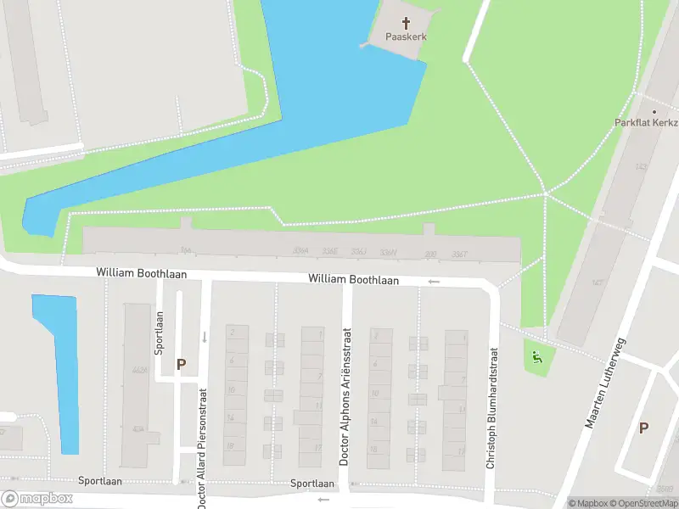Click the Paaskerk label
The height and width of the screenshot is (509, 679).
[x=406, y=37]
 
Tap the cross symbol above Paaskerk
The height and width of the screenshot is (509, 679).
[x=406, y=23]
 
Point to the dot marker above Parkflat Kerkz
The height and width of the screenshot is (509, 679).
[x=654, y=111]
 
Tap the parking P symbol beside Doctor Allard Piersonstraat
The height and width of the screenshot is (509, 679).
[x=181, y=364]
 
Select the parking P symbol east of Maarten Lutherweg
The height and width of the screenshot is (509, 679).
[x=643, y=428]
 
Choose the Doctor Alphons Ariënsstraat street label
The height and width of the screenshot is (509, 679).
[x=345, y=410]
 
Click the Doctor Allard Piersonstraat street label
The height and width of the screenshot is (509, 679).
[x=202, y=448]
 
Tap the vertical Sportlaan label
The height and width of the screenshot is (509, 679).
[x=159, y=332]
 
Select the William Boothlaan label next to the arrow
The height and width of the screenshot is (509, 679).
[x=354, y=278]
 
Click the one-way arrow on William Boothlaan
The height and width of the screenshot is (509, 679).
[x=434, y=281]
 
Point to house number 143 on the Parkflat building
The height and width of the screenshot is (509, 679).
[x=641, y=167]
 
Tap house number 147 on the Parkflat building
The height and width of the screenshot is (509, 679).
[x=598, y=283]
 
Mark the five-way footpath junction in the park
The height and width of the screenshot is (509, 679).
[x=545, y=195]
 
